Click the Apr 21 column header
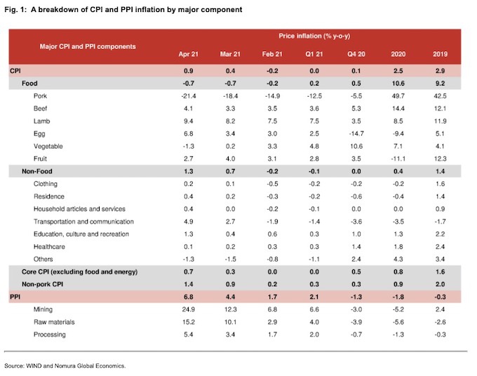[188, 54]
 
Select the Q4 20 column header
[356, 54]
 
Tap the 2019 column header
[441, 54]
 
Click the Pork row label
[40, 96]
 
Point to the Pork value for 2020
[398, 96]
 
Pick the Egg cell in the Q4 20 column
[356, 133]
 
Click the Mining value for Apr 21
[188, 309]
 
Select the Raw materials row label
[54, 322]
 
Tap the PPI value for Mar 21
[230, 297]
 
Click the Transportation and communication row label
[83, 222]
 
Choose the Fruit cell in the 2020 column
[398, 159]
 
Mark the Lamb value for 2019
[441, 121]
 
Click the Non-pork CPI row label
[42, 284]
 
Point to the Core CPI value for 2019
[441, 271]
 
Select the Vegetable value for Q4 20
[356, 146]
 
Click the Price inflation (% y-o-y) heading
[314, 36]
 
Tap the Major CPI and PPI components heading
[88, 46]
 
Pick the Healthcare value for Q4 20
[356, 246]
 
